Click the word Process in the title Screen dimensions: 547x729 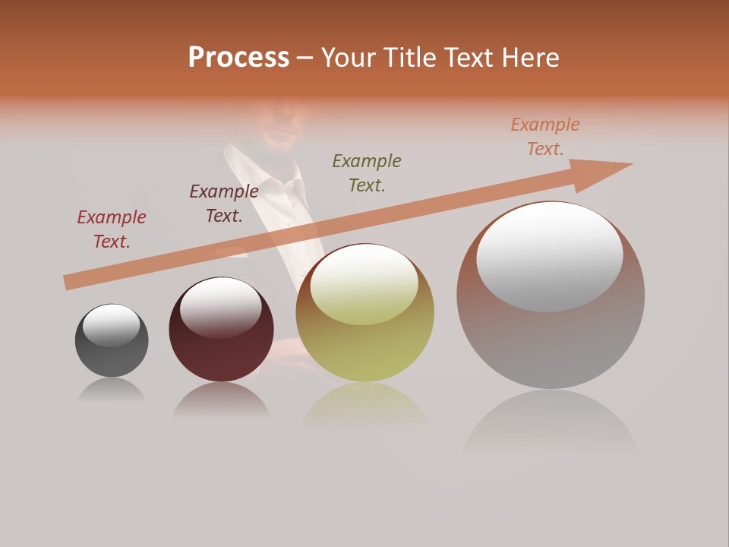pos(238,58)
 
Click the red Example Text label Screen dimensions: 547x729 pos(112,229)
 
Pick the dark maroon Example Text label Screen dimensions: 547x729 pos(224,204)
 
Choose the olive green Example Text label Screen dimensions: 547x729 pos(367,172)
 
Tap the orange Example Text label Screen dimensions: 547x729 pos(545,137)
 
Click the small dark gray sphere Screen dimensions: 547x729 pos(112,357)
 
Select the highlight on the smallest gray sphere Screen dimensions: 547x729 pos(112,325)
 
